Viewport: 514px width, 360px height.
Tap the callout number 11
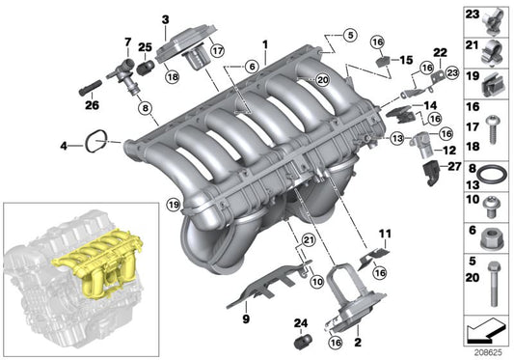[x=386, y=235]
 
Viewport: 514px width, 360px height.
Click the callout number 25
[x=145, y=47]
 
